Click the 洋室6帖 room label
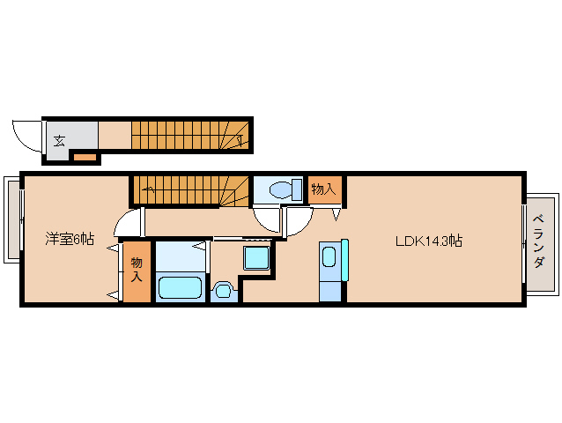point(70,239)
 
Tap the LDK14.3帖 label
point(429,241)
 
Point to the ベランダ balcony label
point(539,241)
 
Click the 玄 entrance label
point(59,141)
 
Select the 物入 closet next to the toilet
point(323,189)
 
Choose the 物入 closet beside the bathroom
point(137,271)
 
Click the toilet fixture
point(285,189)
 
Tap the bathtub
point(180,287)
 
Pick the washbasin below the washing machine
point(224,290)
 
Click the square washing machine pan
point(256,257)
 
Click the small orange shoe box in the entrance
point(85,157)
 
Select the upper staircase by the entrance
point(190,135)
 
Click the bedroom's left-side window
point(13,219)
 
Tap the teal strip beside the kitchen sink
point(344,260)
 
